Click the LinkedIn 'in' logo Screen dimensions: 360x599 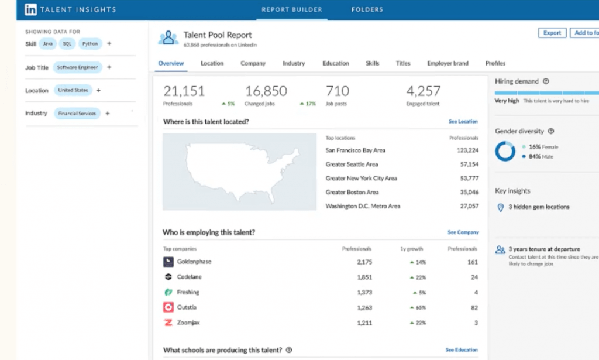pyautogui.click(x=31, y=10)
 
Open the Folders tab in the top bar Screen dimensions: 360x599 pyautogui.click(x=367, y=9)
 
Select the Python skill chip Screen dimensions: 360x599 pyautogui.click(x=90, y=44)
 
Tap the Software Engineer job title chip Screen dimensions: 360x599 pyautogui.click(x=78, y=67)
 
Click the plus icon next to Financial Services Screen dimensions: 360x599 pyautogui.click(x=108, y=114)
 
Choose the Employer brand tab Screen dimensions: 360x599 pyautogui.click(x=447, y=63)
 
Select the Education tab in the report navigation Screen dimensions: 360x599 pyautogui.click(x=336, y=63)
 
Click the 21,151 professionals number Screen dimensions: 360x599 pyautogui.click(x=184, y=91)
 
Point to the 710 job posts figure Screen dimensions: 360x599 pyautogui.click(x=338, y=91)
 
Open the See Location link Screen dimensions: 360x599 pyautogui.click(x=463, y=122)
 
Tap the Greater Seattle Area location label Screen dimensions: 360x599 pyautogui.click(x=352, y=164)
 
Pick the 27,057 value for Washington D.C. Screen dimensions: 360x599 pyautogui.click(x=469, y=207)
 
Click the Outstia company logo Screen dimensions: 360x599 pyautogui.click(x=168, y=307)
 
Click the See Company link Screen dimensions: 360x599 pyautogui.click(x=463, y=232)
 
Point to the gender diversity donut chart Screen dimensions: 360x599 pyautogui.click(x=505, y=152)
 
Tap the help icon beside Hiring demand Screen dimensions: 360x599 pyautogui.click(x=546, y=81)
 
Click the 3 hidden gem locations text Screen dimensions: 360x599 pyautogui.click(x=539, y=207)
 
